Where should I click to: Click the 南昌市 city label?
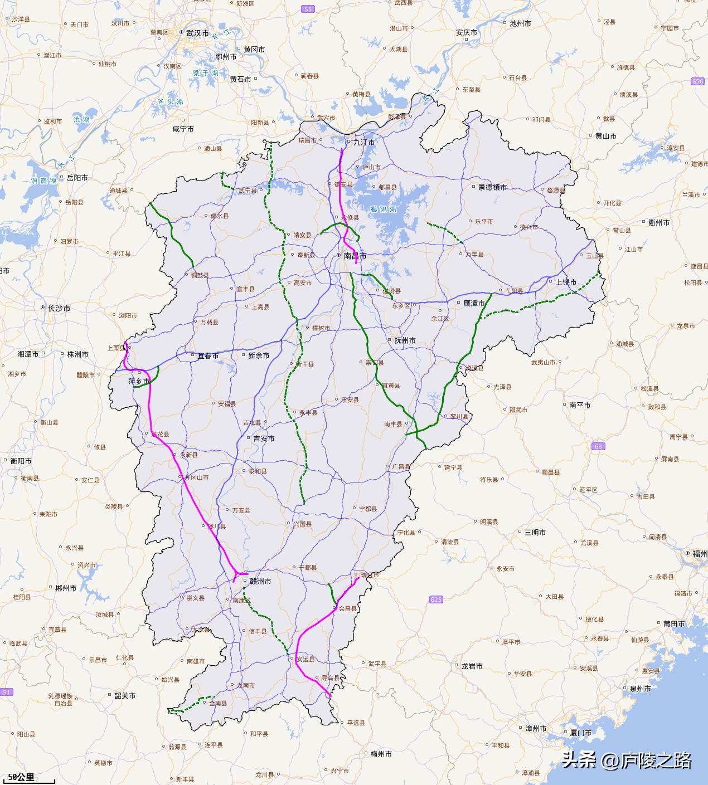355,256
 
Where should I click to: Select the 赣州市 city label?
260,581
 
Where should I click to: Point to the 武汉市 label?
197,33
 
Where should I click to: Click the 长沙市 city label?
59,308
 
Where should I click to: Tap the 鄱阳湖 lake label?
382,209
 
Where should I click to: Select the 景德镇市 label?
492,187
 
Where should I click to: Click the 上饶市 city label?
566,282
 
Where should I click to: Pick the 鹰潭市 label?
474,303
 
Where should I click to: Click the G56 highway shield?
697,81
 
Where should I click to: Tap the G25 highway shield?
436,599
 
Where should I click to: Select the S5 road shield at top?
308,9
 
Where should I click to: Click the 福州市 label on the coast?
700,553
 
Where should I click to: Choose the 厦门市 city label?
580,733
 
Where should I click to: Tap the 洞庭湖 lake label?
43,181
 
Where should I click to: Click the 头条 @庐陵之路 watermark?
627,760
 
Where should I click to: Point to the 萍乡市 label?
139,381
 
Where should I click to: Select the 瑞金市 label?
370,574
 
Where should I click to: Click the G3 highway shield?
598,446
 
